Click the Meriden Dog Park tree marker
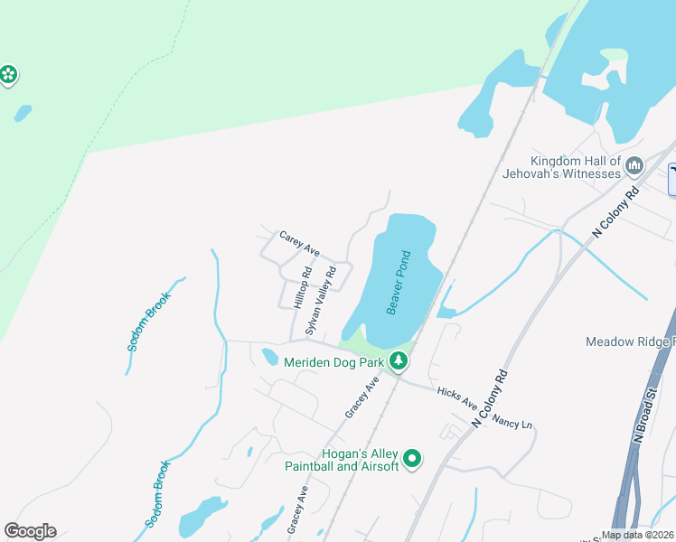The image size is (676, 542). click(x=397, y=362)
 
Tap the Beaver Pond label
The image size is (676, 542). click(x=399, y=283)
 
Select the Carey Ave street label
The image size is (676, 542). click(x=299, y=243)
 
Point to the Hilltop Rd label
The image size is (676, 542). click(x=303, y=288)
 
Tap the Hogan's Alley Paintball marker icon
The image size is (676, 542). click(x=412, y=459)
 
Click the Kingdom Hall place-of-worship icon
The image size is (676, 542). click(x=634, y=166)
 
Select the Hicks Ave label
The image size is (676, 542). click(x=456, y=403)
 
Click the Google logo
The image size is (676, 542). click(x=30, y=531)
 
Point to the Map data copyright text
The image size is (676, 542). click(x=636, y=535)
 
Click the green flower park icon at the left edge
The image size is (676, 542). click(x=8, y=74)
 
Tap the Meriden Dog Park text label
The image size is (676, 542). click(x=333, y=362)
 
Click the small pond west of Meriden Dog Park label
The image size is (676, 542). click(x=269, y=357)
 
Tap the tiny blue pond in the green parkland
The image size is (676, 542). click(x=23, y=114)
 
